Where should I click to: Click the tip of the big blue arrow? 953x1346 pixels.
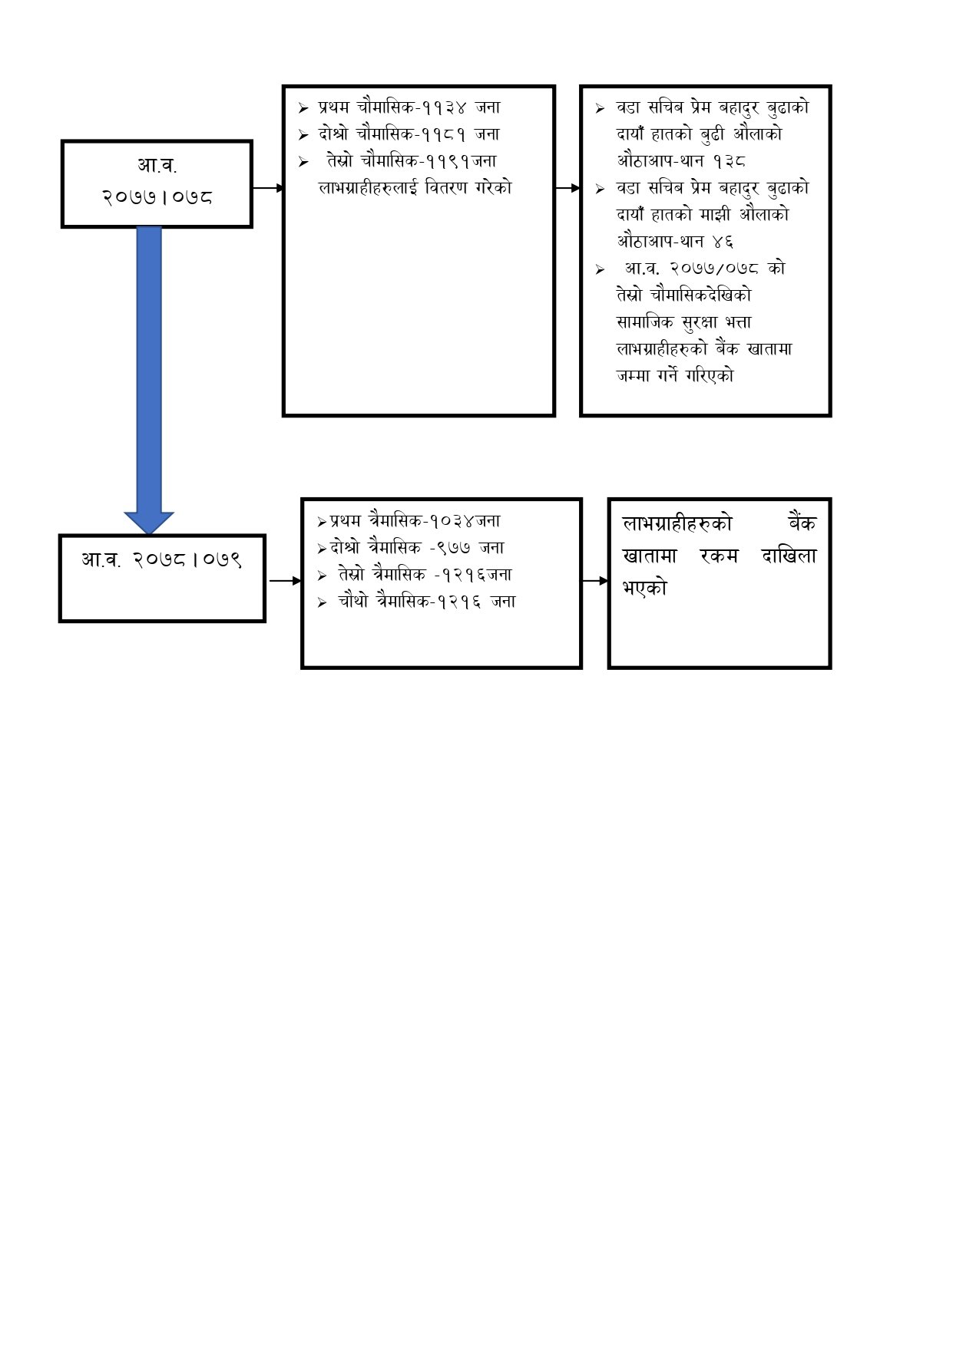click(149, 534)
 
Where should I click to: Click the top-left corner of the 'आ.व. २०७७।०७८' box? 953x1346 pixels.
click(61, 140)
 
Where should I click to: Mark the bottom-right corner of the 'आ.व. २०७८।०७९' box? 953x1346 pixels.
click(265, 621)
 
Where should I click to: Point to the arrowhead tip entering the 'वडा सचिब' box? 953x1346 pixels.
click(581, 188)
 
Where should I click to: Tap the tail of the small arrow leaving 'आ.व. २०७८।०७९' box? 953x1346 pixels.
click(270, 581)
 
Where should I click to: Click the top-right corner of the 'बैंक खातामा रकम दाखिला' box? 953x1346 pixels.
click(831, 499)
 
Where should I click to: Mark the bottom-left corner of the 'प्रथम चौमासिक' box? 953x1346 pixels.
click(283, 415)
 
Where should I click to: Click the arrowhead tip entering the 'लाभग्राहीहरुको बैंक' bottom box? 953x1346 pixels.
click(608, 581)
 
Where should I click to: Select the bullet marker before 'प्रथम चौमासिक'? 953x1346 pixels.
click(303, 108)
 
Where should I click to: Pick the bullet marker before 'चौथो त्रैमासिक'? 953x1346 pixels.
click(322, 602)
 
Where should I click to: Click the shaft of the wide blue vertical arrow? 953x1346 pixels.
click(149, 369)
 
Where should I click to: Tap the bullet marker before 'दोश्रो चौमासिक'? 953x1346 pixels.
click(303, 135)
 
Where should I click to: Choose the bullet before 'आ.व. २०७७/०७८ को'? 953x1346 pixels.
click(600, 269)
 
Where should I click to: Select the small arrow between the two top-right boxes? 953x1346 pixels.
click(568, 188)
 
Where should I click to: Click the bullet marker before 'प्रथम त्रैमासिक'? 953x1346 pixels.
click(322, 522)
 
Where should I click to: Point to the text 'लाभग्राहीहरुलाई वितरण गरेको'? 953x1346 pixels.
click(415, 188)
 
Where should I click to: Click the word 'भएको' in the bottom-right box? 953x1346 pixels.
click(645, 589)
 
